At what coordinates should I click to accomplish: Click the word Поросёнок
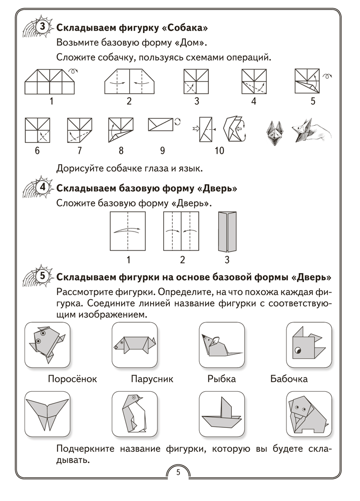click(72, 379)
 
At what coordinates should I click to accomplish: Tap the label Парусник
click(152, 379)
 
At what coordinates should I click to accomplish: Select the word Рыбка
click(221, 379)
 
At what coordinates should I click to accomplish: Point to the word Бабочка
click(288, 379)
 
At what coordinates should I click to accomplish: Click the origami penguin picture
click(134, 414)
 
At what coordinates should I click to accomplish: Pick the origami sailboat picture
click(222, 414)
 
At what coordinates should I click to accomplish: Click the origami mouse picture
click(222, 345)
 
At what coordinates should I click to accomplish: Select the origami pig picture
click(134, 345)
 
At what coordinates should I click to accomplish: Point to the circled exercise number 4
click(43, 189)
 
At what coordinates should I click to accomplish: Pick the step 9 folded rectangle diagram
click(161, 124)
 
